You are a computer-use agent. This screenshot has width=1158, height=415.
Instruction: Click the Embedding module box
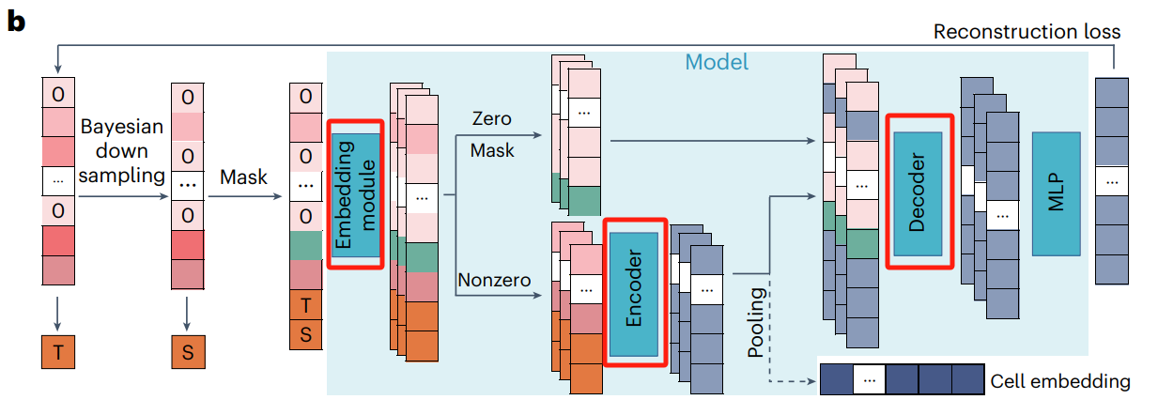point(356,194)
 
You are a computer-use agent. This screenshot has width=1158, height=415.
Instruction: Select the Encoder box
point(634,289)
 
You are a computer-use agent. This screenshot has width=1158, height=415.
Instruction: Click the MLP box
point(1056,193)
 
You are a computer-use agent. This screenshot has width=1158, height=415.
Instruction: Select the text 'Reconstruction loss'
point(1026,32)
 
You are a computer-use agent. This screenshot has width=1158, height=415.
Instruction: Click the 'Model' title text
point(717,63)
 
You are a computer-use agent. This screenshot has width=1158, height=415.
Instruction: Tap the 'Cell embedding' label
point(1060,381)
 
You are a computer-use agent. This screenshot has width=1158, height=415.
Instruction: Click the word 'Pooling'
point(757,322)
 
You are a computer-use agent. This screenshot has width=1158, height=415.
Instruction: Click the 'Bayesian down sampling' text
point(122,150)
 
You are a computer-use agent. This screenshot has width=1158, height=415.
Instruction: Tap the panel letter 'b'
point(16,22)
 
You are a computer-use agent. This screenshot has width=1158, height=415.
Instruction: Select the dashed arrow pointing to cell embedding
point(789,381)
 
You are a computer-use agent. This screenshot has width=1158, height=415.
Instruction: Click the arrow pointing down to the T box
point(58,309)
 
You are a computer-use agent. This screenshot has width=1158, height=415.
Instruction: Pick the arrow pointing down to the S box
point(188,309)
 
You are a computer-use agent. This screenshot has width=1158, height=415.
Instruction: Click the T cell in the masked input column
point(304,304)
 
